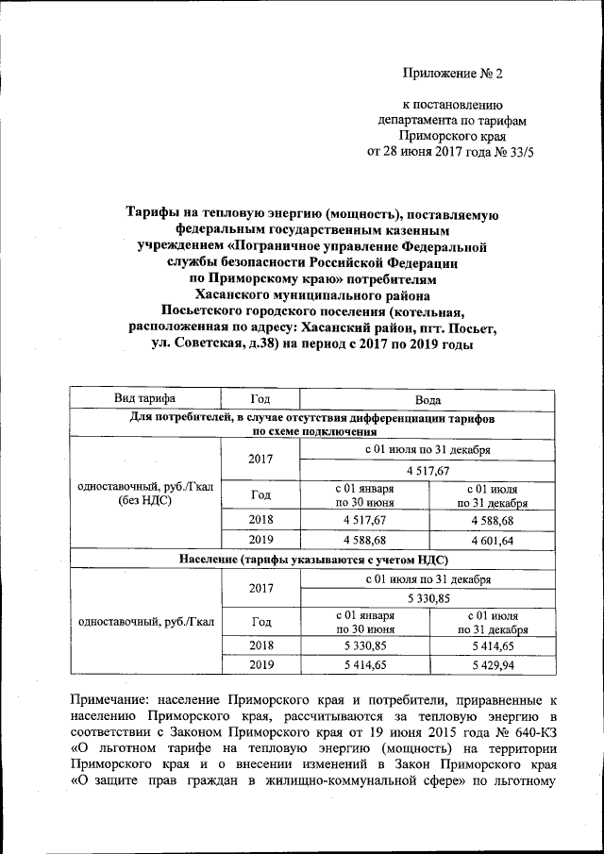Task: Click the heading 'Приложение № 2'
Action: pos(454,73)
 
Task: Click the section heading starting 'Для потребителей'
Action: pos(312,416)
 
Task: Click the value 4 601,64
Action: pos(492,541)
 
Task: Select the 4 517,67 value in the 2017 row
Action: pos(428,470)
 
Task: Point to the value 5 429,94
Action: pos(492,664)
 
